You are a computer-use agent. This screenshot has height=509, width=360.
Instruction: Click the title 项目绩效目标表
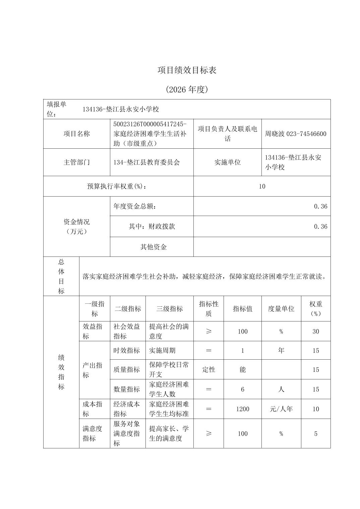click(x=187, y=70)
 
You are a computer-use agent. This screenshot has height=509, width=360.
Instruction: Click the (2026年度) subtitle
click(x=187, y=89)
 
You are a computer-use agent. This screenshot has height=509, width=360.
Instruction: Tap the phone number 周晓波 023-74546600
click(x=295, y=134)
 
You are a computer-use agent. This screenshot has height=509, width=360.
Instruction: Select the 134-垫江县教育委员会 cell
click(x=146, y=162)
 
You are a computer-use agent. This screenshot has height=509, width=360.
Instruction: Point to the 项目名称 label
click(x=77, y=134)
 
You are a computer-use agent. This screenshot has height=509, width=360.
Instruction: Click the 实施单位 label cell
click(x=227, y=162)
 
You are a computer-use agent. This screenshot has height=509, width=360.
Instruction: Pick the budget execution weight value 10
click(x=262, y=186)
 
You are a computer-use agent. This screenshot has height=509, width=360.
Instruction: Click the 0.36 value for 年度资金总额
click(x=320, y=206)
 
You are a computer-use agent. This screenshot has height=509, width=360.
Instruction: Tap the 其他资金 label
click(x=153, y=247)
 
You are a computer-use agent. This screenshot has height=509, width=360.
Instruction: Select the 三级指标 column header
click(x=169, y=309)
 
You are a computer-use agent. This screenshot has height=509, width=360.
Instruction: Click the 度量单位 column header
click(x=281, y=309)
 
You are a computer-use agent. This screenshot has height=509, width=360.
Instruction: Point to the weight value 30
click(x=315, y=332)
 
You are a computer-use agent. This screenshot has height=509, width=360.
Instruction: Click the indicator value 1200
click(x=242, y=409)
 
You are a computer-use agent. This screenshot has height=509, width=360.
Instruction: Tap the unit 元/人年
click(x=281, y=409)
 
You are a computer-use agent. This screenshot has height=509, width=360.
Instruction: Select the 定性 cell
click(x=208, y=370)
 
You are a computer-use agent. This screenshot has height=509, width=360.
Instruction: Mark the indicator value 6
click(x=242, y=389)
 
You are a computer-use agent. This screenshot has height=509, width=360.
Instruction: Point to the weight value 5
click(x=315, y=434)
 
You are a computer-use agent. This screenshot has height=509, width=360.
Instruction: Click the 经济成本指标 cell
click(x=127, y=409)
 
